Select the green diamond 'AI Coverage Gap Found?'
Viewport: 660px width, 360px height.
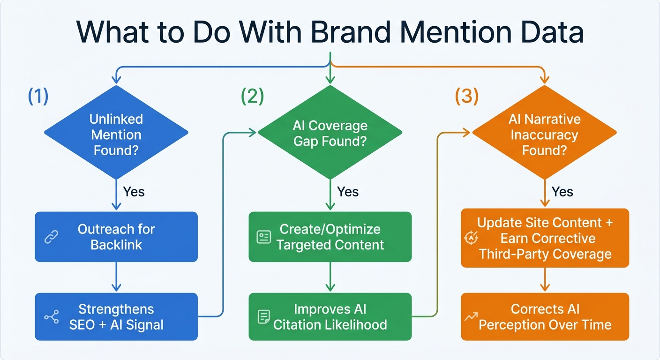(x=330, y=134)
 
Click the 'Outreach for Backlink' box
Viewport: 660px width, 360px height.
(x=116, y=237)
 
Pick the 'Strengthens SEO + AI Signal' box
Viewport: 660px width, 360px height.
(x=116, y=317)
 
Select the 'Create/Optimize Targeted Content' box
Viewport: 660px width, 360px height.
(x=330, y=237)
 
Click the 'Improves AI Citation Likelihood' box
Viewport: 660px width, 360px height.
(x=330, y=317)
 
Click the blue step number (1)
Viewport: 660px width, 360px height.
(x=38, y=96)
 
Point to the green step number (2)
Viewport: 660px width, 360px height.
(x=253, y=96)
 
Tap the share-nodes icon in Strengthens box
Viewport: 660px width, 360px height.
(x=51, y=317)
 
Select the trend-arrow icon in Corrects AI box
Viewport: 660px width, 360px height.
(x=471, y=317)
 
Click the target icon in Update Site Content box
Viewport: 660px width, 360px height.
(x=471, y=238)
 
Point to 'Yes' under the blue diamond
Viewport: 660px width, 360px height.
(x=134, y=192)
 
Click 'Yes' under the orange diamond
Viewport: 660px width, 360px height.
(x=562, y=192)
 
